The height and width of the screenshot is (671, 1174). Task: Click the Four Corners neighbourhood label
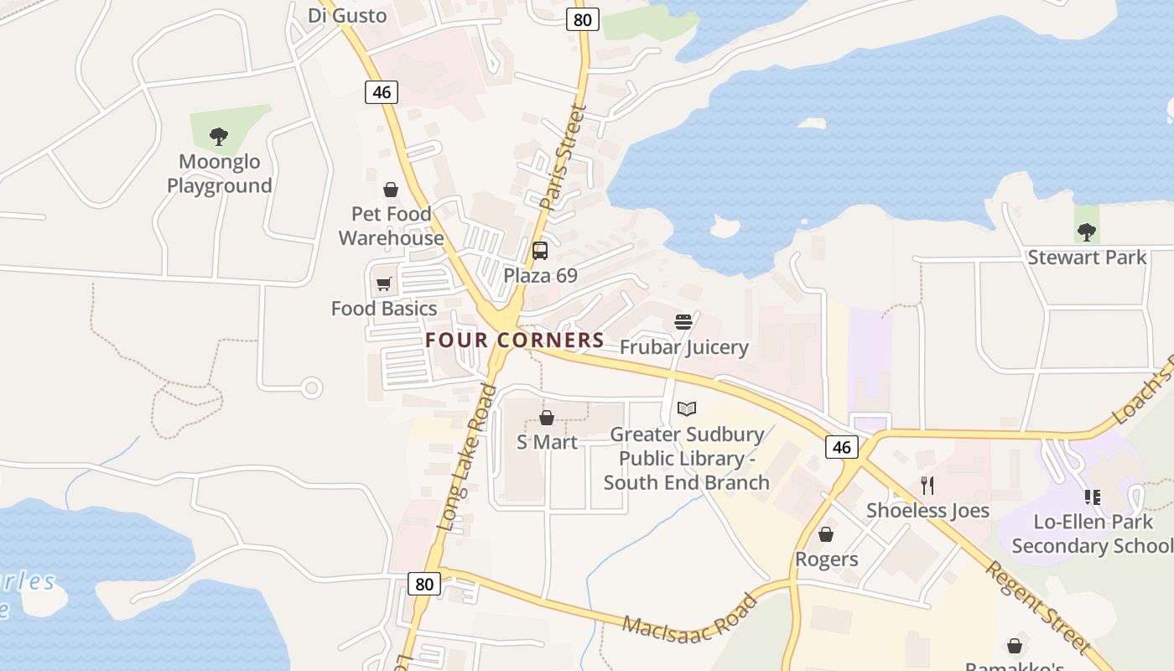[x=514, y=340]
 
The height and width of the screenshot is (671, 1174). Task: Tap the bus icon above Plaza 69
[x=540, y=250]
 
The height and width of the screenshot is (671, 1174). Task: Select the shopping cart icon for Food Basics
[x=384, y=284]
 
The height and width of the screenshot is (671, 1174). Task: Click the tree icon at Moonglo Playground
[x=219, y=135]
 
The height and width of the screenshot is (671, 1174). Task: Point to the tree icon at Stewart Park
[x=1087, y=231]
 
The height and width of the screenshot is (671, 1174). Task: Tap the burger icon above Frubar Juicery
[x=683, y=322]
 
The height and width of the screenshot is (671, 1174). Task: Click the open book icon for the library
[x=687, y=409]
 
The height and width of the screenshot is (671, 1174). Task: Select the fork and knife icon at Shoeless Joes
[x=927, y=485]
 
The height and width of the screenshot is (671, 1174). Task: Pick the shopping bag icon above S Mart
[x=547, y=417]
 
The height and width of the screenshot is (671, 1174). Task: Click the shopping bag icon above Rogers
[x=826, y=534]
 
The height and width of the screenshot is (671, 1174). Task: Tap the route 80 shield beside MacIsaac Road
[x=424, y=583]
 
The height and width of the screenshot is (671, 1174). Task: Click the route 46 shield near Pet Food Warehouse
[x=382, y=91]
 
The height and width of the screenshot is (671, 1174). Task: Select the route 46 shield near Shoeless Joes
[x=842, y=447]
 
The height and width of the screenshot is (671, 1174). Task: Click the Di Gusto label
[x=347, y=15]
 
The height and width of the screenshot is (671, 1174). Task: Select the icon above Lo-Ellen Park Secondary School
[x=1092, y=497]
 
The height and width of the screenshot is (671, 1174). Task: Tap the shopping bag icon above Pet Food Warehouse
[x=391, y=190]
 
